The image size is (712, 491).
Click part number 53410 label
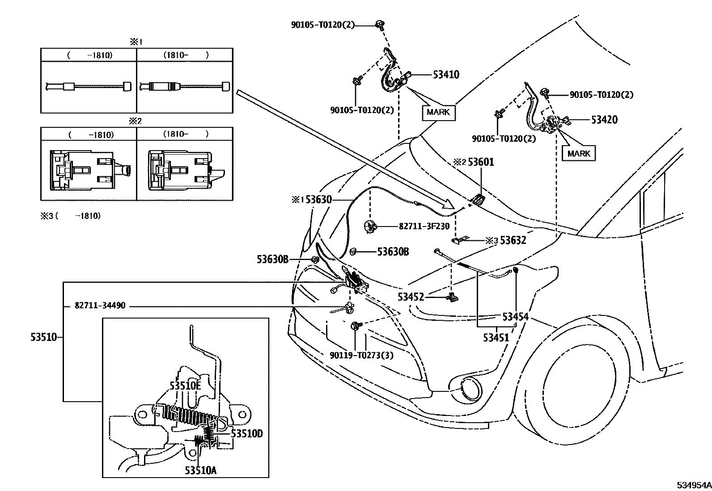tap(446, 75)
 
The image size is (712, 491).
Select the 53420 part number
tap(604, 120)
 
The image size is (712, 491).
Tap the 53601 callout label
tap(481, 162)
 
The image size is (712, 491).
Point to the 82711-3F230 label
tap(424, 227)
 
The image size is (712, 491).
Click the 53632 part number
tap(513, 240)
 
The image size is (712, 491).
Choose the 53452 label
tap(411, 296)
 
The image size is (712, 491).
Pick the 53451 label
tap(496, 337)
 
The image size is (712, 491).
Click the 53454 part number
tap(515, 317)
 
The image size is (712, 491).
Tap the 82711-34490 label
tap(100, 306)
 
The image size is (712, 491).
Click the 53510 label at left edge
tap(44, 337)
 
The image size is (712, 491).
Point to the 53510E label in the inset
tap(185, 386)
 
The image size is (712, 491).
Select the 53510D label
tap(246, 434)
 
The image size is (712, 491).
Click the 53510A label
tap(200, 470)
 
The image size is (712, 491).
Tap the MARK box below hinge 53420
tap(579, 154)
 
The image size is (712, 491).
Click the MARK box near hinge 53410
tap(438, 112)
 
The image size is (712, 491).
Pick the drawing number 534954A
tap(693, 485)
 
